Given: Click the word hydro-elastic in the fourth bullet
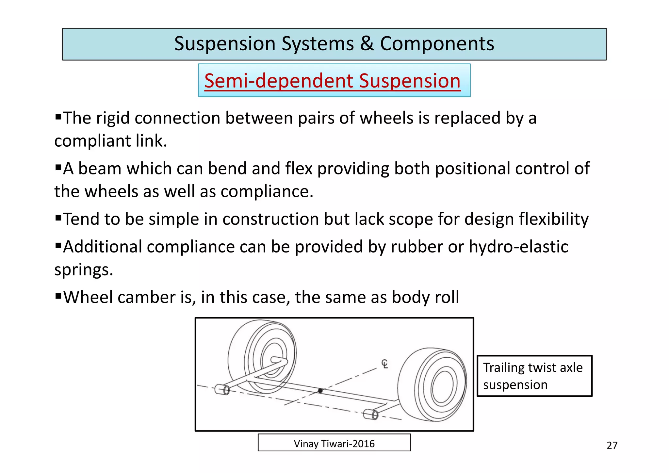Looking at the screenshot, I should point(518,247).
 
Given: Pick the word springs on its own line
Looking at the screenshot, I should point(83,270).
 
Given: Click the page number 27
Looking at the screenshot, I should point(612,446).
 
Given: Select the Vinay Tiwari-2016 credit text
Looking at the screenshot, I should point(334,444).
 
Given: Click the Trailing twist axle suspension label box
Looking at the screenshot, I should point(534,376).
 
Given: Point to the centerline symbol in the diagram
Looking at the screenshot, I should point(385,364).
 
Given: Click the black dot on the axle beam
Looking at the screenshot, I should point(320,391).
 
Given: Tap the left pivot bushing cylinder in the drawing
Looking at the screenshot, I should point(222,389).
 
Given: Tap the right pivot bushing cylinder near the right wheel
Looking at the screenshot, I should point(371,415).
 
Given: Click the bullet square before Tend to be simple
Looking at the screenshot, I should point(58,218).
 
